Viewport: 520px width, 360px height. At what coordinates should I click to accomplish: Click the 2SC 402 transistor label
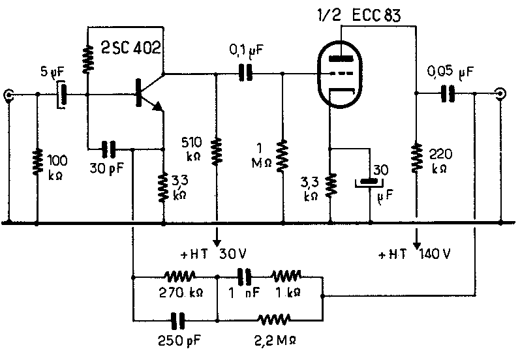point(131,48)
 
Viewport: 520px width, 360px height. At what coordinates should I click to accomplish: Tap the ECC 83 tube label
point(376,15)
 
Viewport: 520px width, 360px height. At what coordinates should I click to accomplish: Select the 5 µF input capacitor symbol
point(62,95)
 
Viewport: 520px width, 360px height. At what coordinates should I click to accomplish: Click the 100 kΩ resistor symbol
point(37,162)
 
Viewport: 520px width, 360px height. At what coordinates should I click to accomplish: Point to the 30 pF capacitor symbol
point(108,149)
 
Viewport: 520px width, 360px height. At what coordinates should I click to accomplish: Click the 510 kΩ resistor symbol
point(217,151)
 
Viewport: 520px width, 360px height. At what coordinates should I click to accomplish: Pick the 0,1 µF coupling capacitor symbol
point(246,73)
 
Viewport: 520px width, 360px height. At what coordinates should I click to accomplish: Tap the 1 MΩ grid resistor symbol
point(283,156)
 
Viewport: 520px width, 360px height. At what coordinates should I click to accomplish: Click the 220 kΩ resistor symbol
point(416,158)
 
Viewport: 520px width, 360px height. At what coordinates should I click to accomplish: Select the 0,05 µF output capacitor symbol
point(448,93)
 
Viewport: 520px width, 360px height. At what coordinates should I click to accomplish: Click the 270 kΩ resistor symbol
point(179,276)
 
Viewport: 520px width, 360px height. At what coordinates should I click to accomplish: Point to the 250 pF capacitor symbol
point(177,321)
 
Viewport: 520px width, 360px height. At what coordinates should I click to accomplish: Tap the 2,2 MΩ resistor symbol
point(274,320)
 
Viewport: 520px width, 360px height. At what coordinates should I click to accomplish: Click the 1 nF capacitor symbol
point(245,277)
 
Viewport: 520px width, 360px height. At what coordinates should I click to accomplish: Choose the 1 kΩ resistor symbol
point(286,276)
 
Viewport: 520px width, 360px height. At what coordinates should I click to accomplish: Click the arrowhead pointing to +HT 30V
point(217,243)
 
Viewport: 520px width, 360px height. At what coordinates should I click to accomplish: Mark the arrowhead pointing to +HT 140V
point(416,245)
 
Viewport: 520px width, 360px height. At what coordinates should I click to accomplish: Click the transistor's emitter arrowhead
point(158,106)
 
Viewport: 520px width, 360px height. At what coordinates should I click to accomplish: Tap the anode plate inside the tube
point(341,59)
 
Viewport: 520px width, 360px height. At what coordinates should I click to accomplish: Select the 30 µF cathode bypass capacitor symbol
point(369,183)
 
